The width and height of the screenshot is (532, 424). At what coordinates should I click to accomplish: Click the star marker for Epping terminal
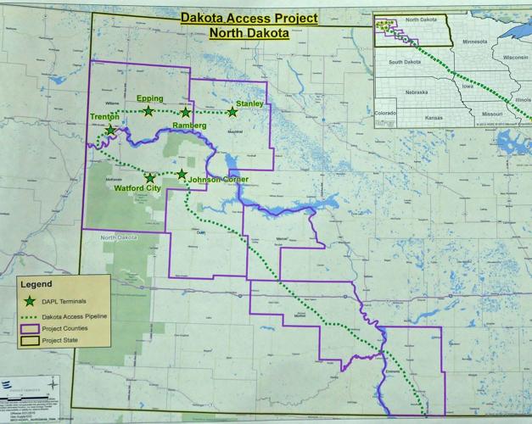click(148, 111)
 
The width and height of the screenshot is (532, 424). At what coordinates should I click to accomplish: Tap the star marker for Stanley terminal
click(232, 112)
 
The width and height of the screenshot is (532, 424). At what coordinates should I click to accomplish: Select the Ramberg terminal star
click(185, 112)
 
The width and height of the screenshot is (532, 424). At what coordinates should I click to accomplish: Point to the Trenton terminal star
click(110, 130)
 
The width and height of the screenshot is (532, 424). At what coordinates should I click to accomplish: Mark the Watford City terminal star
click(150, 178)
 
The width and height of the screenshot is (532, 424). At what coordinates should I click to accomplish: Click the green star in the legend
click(32, 301)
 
